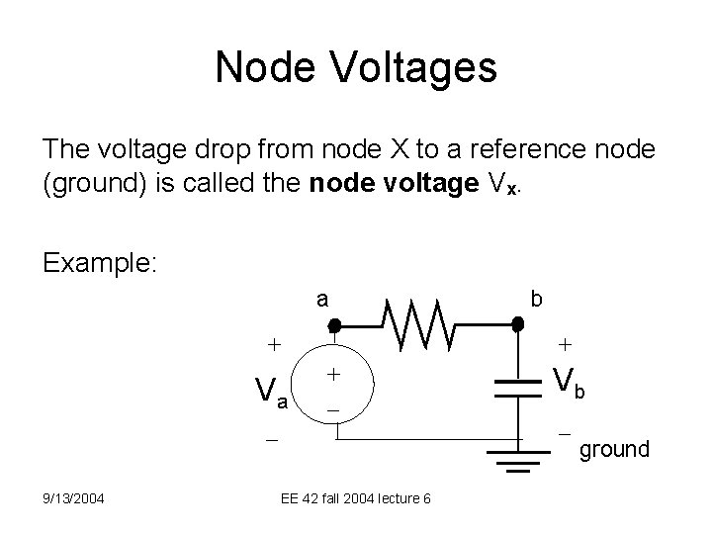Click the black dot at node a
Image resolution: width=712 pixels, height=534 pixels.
point(334,324)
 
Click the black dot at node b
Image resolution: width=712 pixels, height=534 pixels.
point(517,323)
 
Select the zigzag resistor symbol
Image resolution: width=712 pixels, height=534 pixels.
point(424,324)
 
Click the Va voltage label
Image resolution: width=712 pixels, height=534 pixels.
point(267,392)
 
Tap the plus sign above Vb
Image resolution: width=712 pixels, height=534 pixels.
point(564,346)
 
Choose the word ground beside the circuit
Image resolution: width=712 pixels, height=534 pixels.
point(614,450)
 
